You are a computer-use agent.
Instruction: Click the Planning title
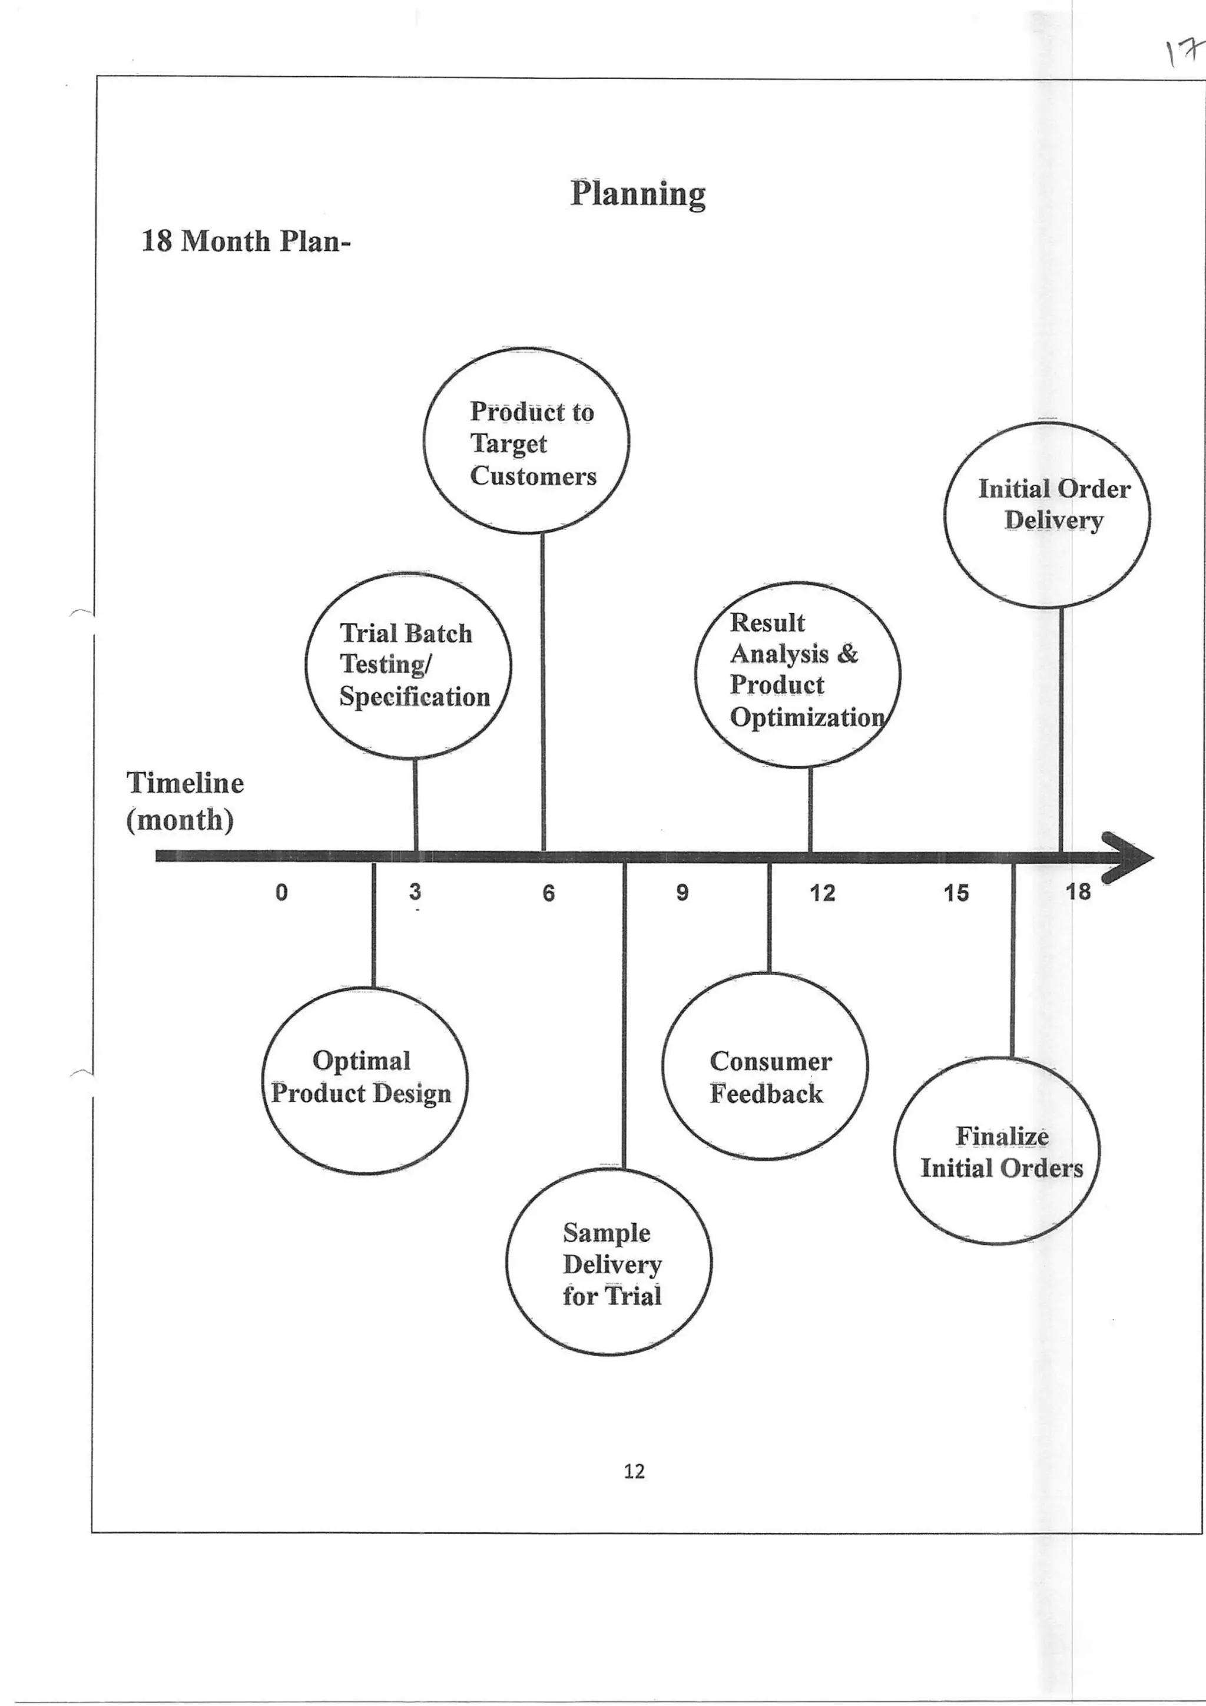point(638,194)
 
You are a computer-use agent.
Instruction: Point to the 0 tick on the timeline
point(281,892)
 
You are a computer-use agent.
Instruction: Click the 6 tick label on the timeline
point(548,892)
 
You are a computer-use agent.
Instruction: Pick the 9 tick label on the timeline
point(682,892)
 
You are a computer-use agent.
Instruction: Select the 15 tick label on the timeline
point(956,892)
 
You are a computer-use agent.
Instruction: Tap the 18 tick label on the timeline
point(1078,891)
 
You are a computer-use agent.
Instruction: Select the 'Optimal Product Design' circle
point(364,1081)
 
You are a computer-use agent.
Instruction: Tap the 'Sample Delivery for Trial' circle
point(608,1261)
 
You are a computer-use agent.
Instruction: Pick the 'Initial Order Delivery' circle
point(1047,515)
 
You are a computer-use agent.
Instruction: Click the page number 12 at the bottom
point(634,1471)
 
